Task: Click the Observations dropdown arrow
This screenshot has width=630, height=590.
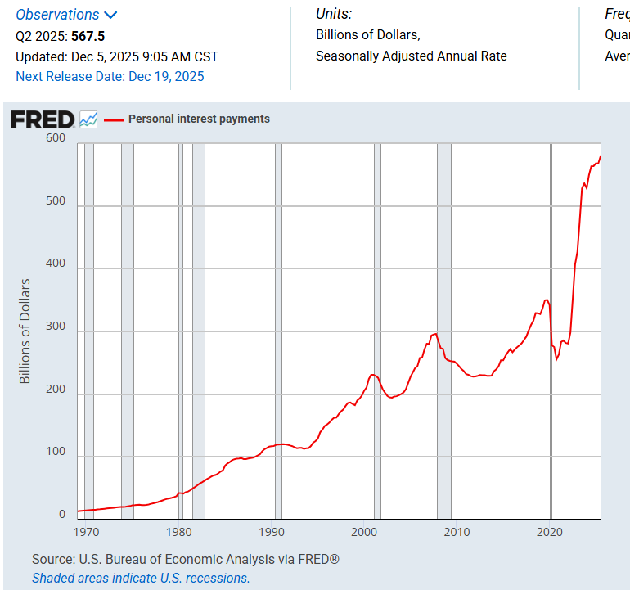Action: [x=110, y=15]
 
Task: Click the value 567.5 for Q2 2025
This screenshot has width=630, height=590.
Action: [x=88, y=36]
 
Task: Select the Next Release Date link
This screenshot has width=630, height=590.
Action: [x=110, y=76]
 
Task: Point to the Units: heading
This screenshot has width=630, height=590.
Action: [x=334, y=14]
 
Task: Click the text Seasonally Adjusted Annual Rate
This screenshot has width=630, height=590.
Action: [x=411, y=56]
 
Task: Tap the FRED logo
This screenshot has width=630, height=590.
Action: [x=43, y=119]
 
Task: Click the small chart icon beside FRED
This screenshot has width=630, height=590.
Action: [x=88, y=119]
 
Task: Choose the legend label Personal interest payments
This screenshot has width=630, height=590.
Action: [x=199, y=119]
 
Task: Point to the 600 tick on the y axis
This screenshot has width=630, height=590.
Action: [x=56, y=138]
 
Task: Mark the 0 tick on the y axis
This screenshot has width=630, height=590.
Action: [x=61, y=515]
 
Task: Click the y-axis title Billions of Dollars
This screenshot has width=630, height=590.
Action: [x=25, y=331]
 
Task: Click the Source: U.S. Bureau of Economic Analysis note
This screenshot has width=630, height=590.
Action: [x=186, y=560]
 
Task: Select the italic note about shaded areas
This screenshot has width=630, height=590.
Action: [x=141, y=578]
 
